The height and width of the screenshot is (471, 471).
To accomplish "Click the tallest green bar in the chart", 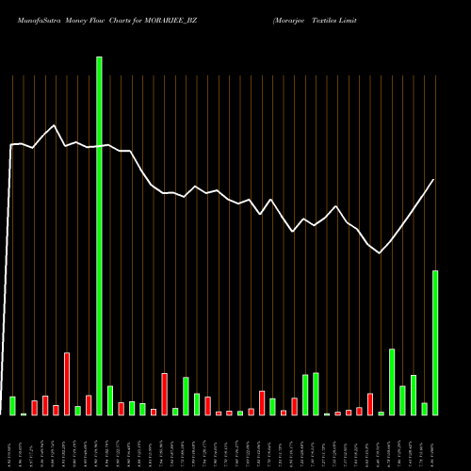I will (x=99, y=235).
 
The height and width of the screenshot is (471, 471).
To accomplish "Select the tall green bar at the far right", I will (x=435, y=343).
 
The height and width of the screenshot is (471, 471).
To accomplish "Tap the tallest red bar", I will (x=67, y=383).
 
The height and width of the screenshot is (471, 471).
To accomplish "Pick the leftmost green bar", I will (x=13, y=405).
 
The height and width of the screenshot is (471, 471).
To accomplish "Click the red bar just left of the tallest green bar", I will (x=89, y=405).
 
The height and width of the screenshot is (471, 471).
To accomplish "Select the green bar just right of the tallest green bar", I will (x=110, y=400).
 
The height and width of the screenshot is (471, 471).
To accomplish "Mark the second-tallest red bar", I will (x=164, y=394).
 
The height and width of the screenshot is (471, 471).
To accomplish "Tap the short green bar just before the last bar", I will (x=424, y=409).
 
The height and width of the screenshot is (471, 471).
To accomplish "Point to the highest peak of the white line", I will (x=55, y=125).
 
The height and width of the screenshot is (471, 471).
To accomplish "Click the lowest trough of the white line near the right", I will (x=380, y=252).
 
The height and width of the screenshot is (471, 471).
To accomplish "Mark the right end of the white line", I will (x=434, y=179).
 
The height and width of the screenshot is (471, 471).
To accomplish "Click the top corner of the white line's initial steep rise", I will (x=11, y=145).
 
